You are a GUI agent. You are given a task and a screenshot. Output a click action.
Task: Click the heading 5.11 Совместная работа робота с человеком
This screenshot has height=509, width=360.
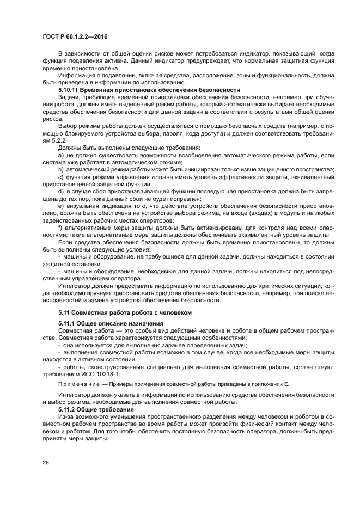(121, 314)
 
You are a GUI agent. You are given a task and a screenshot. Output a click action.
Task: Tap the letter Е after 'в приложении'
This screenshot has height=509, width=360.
(286, 384)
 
